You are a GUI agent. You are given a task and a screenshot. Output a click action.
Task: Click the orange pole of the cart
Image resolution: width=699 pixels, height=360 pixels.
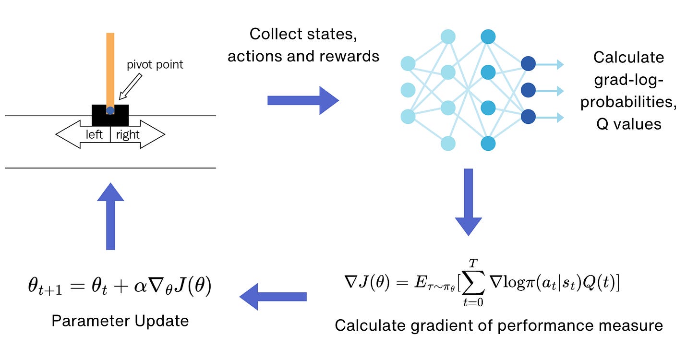tap(110, 67)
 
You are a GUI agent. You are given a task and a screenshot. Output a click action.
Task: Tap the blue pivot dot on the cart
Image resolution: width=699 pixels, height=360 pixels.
tap(110, 110)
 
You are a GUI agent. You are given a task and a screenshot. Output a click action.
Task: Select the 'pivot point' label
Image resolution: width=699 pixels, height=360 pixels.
tap(155, 64)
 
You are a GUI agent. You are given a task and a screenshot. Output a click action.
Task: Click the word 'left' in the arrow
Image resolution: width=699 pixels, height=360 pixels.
tap(94, 135)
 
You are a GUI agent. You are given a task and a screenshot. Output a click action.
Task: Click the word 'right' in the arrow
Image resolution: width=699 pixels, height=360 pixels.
tap(128, 135)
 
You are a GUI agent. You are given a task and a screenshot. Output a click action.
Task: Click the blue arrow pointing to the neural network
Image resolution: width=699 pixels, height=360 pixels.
tap(302, 100)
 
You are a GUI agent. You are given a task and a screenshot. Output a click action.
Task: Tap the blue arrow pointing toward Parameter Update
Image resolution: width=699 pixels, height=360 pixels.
tap(273, 297)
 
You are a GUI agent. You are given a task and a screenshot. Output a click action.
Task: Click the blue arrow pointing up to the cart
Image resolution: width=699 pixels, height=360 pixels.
tap(110, 216)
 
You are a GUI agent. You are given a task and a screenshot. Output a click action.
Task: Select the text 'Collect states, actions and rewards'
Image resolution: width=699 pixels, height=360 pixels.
tap(303, 45)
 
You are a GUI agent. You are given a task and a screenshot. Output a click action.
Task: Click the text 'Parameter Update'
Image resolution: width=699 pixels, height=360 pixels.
tap(120, 321)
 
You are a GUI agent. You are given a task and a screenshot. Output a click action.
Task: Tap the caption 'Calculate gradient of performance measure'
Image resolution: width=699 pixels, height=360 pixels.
tap(499, 325)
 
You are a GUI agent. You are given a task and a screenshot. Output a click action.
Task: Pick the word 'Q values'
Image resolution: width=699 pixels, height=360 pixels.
tap(629, 124)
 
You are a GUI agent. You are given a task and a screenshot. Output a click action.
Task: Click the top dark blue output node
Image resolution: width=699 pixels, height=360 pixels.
tap(528, 64)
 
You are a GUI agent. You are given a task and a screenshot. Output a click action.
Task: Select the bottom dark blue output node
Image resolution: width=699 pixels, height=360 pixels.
tap(528, 117)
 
